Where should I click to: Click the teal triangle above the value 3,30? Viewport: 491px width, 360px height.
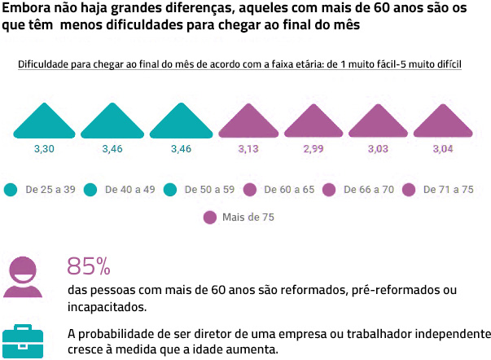pos(44,123)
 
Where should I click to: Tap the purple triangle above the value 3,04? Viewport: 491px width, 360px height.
pos(443,123)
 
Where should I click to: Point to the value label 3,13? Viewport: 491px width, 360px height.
pos(248,149)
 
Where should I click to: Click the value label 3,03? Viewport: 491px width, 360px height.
pos(377,149)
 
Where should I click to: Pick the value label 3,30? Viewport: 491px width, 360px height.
pos(44,149)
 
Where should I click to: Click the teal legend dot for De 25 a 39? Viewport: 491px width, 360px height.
pos(11,190)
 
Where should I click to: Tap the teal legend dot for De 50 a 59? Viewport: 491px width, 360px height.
pos(170,190)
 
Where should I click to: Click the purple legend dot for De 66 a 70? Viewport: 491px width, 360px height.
pos(330,190)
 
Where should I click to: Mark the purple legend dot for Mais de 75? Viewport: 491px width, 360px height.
pos(210,217)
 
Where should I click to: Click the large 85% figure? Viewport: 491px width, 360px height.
pos(88,266)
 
